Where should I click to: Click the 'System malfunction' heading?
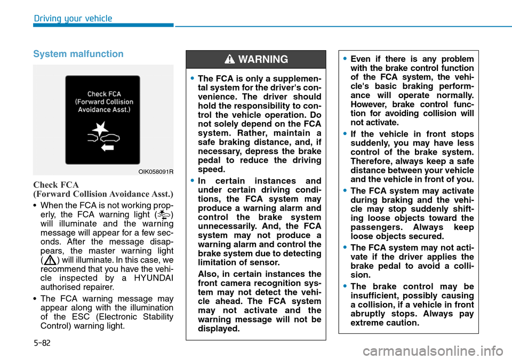[x=78, y=54]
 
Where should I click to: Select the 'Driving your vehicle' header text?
[x=73, y=19]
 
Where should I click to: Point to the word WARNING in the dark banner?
[x=263, y=59]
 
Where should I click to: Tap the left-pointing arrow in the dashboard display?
[x=107, y=148]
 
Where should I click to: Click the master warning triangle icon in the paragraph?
[x=50, y=260]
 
